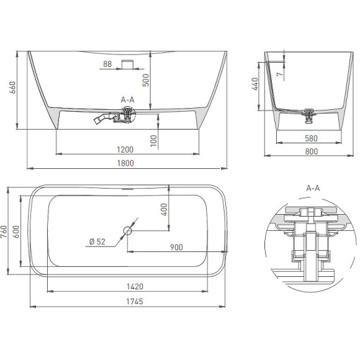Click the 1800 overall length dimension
(x=125, y=163)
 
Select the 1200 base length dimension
(x=125, y=150)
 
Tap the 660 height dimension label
(x=12, y=88)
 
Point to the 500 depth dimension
(x=146, y=80)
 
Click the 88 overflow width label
(x=107, y=64)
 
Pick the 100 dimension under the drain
(x=153, y=141)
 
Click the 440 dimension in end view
(x=255, y=84)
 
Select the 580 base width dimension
(x=311, y=138)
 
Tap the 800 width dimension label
(x=312, y=151)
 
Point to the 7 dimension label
(x=279, y=74)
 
